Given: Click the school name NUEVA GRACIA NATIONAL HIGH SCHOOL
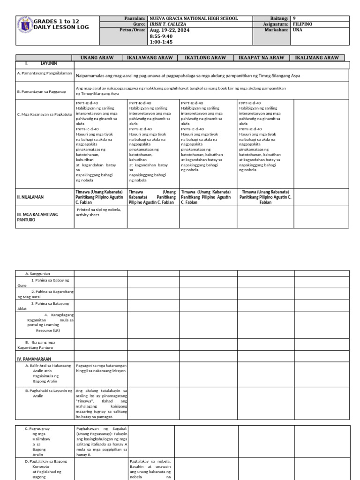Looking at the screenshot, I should [x=193, y=18].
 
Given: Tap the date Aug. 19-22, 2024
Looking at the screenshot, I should [x=170, y=30].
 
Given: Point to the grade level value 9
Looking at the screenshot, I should [x=294, y=18].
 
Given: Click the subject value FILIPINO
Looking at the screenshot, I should [x=302, y=24].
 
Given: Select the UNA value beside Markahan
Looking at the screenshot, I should [x=297, y=30].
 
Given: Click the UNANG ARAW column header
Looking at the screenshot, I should [x=98, y=58].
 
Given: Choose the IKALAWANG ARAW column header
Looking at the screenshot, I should [x=150, y=58].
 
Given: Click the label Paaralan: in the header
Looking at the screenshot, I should [x=135, y=18].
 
